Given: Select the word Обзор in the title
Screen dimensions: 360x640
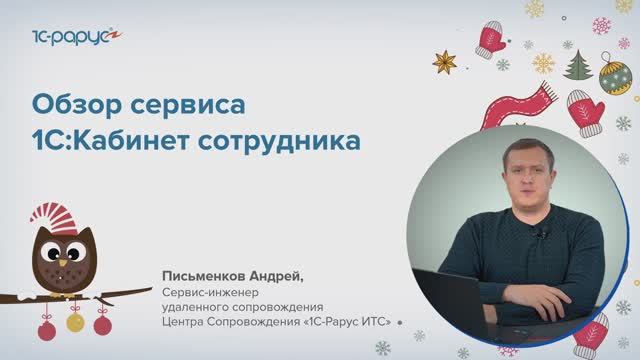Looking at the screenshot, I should point(73,103).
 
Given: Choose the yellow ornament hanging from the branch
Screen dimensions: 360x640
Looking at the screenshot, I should point(74,322).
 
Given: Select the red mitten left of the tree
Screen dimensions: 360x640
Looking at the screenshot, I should point(491,39).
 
